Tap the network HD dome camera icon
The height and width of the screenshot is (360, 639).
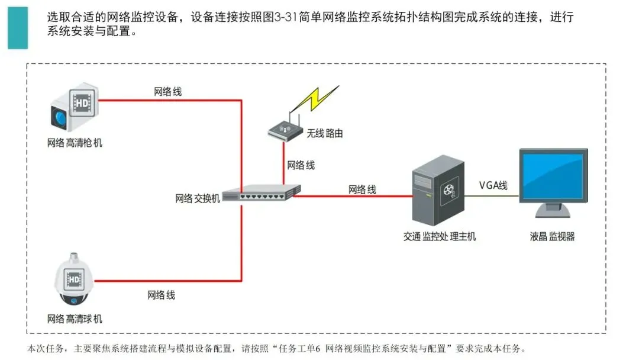click(x=75, y=281)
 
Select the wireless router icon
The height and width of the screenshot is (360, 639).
click(x=285, y=130)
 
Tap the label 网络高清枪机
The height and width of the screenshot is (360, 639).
click(x=75, y=143)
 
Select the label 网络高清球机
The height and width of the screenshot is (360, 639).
click(x=75, y=319)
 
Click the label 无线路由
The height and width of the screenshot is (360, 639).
click(x=325, y=134)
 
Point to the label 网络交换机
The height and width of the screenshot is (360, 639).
click(x=198, y=198)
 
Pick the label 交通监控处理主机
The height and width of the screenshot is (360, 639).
click(x=440, y=237)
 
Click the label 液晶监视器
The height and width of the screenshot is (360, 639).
click(x=553, y=237)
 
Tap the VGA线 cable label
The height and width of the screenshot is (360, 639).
click(x=493, y=185)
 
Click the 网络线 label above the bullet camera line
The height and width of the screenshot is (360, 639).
click(x=168, y=92)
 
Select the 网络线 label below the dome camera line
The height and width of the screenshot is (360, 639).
click(x=161, y=295)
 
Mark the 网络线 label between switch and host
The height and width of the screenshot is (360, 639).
click(x=362, y=189)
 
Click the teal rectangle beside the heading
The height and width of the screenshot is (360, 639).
click(x=18, y=27)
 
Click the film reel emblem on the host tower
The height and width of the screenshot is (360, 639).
click(x=448, y=191)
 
